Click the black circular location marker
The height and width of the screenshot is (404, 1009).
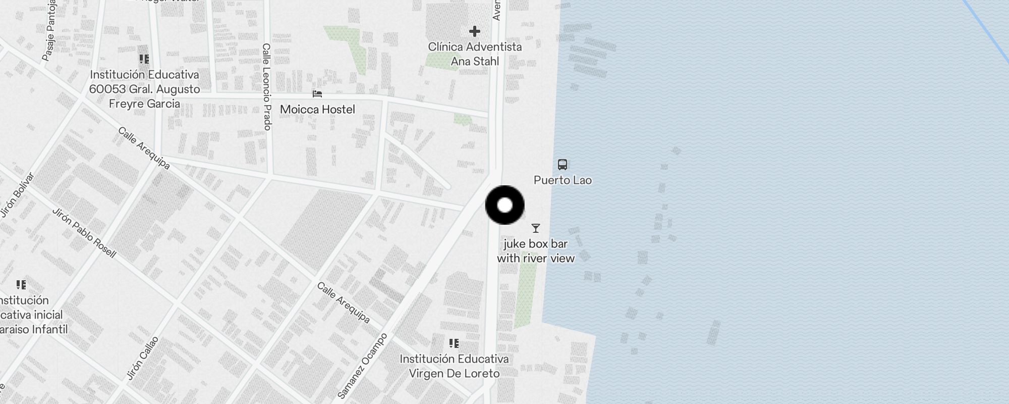click(x=504, y=205)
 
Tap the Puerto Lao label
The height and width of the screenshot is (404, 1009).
click(x=563, y=180)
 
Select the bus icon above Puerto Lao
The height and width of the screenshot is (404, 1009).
click(x=563, y=165)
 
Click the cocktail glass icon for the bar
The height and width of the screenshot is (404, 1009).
click(x=536, y=228)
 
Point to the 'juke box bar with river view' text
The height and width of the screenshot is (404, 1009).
click(x=536, y=251)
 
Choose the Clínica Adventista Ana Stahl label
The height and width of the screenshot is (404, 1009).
click(x=475, y=54)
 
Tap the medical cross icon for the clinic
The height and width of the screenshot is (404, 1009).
click(x=474, y=31)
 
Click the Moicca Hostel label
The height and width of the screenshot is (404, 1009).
click(x=317, y=110)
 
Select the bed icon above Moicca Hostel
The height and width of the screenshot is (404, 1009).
click(x=317, y=94)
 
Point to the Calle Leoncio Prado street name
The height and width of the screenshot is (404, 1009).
click(x=267, y=86)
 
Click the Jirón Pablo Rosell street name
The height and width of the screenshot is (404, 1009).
click(x=84, y=233)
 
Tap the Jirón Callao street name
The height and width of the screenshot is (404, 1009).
click(x=142, y=358)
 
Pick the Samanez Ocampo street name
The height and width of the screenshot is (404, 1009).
click(x=362, y=366)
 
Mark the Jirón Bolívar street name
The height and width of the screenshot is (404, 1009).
click(x=18, y=195)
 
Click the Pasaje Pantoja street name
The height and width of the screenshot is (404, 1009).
click(x=49, y=30)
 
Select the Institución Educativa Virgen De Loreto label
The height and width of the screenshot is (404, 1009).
click(x=454, y=366)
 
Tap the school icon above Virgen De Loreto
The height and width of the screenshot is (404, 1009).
click(x=454, y=343)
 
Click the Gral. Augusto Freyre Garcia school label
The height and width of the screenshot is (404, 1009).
click(x=144, y=89)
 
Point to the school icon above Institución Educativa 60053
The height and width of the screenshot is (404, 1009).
click(x=144, y=59)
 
